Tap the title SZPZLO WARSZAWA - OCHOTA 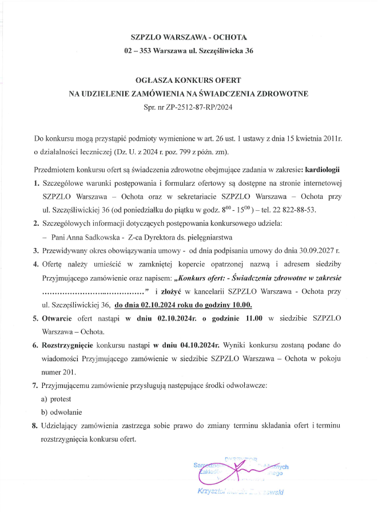click(x=188, y=37)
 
